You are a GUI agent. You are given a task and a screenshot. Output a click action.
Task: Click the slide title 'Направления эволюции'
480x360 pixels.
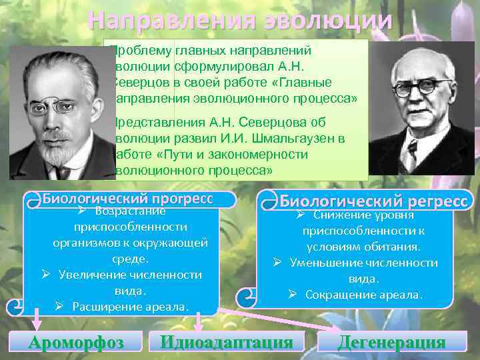(239, 21)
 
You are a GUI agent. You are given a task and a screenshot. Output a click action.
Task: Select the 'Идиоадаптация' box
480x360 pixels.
(227, 343)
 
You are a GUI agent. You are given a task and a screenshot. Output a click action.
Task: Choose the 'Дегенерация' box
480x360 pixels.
(391, 343)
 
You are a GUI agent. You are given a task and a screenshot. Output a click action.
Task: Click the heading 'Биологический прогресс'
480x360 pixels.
(127, 198)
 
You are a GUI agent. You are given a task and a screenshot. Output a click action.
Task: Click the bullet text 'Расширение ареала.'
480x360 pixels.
(131, 307)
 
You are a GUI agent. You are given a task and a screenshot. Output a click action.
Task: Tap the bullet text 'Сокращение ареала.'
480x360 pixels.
(363, 294)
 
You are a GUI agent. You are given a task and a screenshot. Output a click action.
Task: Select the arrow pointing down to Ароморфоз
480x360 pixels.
(37, 323)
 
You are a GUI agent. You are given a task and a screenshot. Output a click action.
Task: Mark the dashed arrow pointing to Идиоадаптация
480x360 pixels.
(198, 323)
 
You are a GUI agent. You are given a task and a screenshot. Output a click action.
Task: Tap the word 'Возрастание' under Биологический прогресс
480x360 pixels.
(130, 211)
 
